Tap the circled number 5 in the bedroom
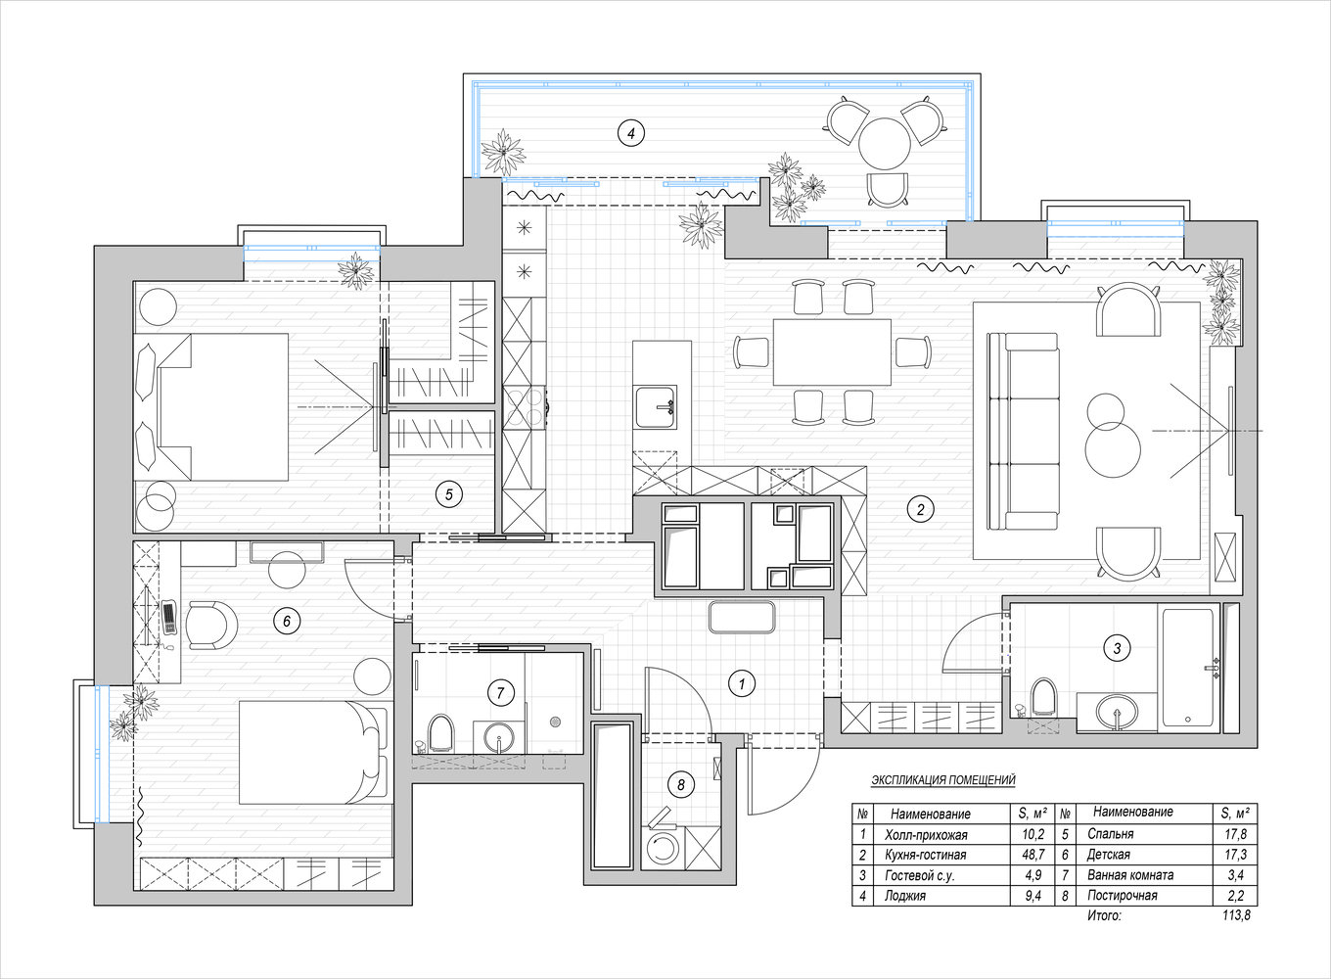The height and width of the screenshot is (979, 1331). (x=448, y=494)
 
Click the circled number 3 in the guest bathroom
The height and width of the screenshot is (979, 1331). (x=1117, y=647)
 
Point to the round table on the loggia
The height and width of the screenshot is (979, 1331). (x=884, y=145)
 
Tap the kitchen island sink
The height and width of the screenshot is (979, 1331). (x=655, y=406)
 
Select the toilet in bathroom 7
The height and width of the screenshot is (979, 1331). (x=441, y=731)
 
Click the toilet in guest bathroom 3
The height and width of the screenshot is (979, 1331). (x=1044, y=696)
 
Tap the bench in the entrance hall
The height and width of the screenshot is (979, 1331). (x=741, y=618)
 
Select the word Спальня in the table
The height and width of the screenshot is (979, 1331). (x=1110, y=834)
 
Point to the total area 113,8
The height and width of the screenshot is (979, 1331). (x=1236, y=916)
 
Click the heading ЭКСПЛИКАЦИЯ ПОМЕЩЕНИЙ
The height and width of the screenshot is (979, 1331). (x=942, y=780)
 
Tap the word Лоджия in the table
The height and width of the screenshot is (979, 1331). (x=905, y=895)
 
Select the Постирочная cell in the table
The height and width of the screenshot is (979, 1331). (x=1122, y=895)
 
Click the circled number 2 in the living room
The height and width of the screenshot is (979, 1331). (x=919, y=508)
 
